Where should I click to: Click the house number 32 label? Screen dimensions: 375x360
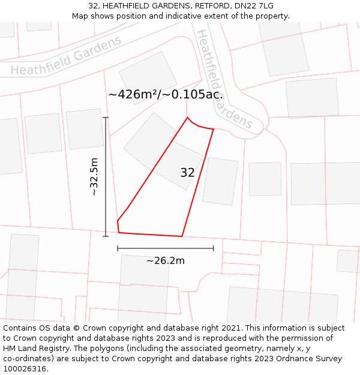click(187, 173)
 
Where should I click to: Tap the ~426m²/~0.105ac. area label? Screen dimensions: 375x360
click(166, 95)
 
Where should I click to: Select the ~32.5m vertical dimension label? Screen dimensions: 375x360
click(94, 176)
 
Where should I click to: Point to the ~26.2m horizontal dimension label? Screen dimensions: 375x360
click(166, 260)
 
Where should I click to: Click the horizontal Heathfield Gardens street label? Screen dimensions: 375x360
click(66, 56)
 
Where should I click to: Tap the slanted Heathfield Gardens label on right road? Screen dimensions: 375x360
click(224, 79)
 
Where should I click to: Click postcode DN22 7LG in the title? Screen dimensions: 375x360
click(254, 6)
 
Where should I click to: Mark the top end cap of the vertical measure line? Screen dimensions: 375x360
click(106, 118)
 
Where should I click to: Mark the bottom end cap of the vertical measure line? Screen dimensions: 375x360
click(106, 236)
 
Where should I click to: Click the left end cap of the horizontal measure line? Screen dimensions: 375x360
click(118, 248)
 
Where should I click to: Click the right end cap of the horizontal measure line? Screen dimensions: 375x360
click(214, 248)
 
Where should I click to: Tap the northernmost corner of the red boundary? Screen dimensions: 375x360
click(187, 117)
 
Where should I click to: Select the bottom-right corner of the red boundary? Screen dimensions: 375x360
click(182, 236)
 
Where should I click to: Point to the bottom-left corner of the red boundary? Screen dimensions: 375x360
click(119, 232)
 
